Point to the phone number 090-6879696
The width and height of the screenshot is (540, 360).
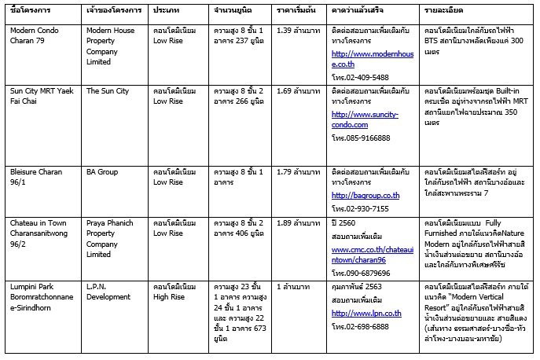click(368, 270)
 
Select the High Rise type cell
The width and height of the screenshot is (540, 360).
click(174, 292)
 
